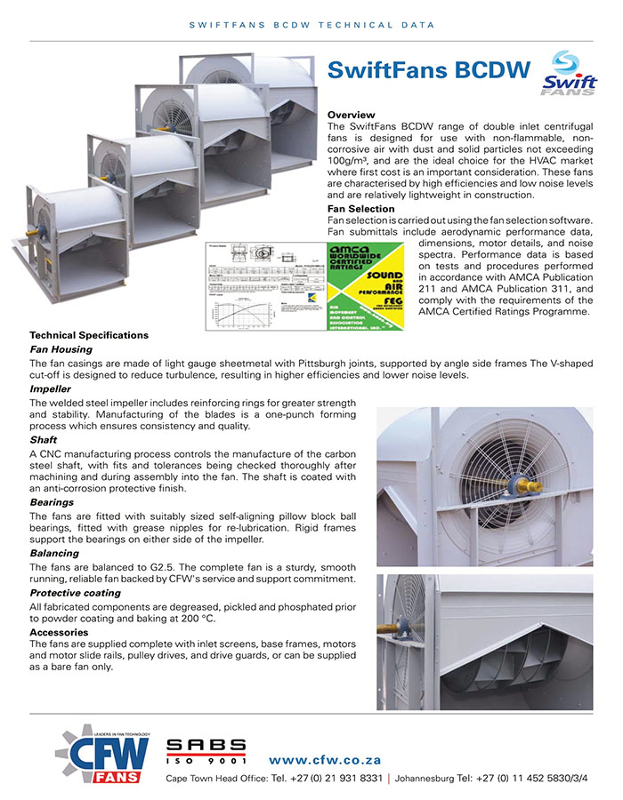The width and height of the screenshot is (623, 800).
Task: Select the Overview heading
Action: click(352, 116)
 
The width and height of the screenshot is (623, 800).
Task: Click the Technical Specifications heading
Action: click(89, 335)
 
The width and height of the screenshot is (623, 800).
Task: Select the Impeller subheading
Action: click(51, 389)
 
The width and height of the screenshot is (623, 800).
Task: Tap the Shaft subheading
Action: click(44, 439)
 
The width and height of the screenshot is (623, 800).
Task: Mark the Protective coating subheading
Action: click(75, 592)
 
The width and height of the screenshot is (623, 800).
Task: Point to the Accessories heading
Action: click(61, 631)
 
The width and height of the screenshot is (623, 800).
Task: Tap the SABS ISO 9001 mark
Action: click(206, 752)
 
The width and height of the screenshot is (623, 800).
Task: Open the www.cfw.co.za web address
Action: click(325, 760)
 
